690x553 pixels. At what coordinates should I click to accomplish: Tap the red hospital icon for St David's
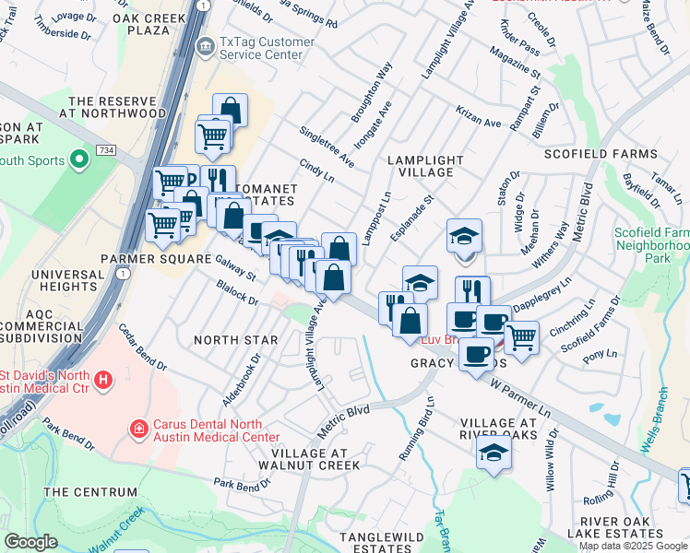[102, 379]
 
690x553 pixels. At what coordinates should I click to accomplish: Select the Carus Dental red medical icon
[139, 429]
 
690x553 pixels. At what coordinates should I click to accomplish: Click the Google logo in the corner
[30, 541]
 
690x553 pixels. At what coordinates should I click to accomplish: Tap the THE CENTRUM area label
[82, 492]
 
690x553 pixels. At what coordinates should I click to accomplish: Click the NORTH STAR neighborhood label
[236, 340]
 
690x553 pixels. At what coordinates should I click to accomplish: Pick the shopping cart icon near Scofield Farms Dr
[522, 336]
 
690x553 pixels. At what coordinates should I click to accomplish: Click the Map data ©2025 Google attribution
[633, 545]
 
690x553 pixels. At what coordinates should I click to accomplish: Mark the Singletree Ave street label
[327, 147]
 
